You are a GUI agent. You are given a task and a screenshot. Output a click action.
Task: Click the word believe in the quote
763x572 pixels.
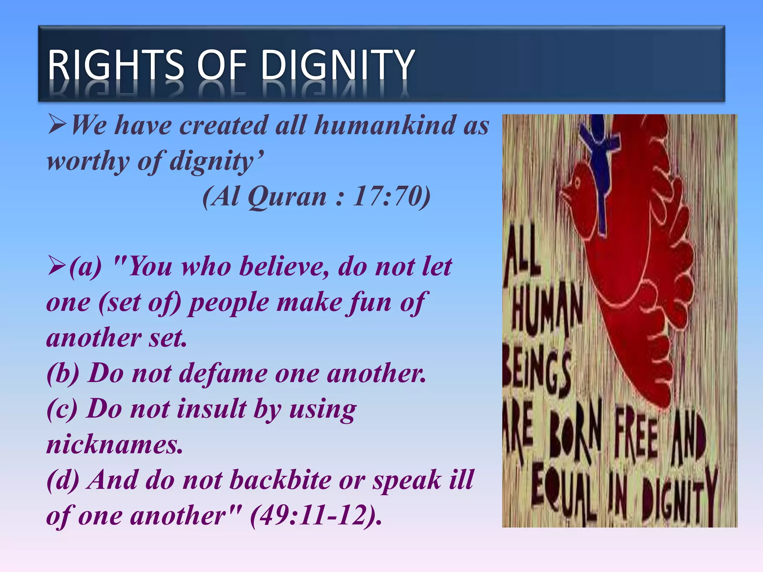coord(283,267)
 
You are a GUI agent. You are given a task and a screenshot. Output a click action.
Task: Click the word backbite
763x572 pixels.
coord(279,480)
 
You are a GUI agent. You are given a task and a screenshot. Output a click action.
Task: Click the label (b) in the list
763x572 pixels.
coord(63,374)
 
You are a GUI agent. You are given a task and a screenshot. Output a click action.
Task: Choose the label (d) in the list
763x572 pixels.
coord(63,480)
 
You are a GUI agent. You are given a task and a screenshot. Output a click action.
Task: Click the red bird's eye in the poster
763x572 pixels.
coord(577,182)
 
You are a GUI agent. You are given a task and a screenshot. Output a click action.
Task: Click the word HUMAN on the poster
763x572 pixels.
coord(546,309)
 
